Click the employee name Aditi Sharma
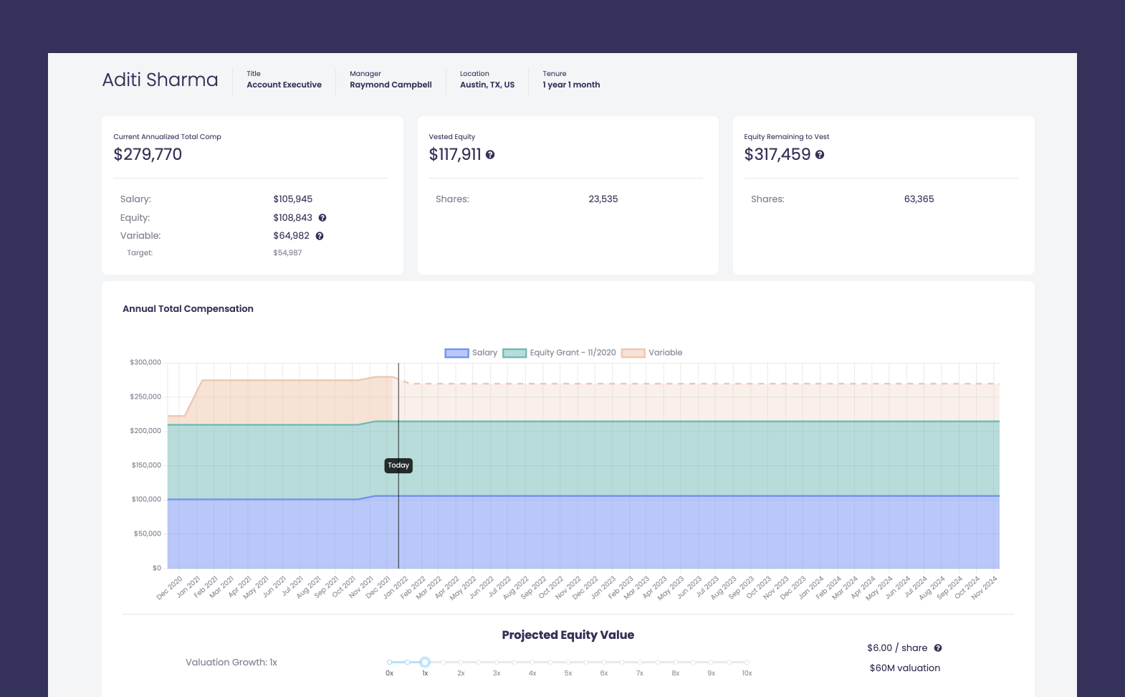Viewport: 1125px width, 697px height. click(160, 80)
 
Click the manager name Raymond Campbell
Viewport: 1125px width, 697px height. click(391, 85)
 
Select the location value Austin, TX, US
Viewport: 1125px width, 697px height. click(487, 85)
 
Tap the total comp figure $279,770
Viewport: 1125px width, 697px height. click(148, 154)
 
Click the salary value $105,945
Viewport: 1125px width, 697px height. click(292, 199)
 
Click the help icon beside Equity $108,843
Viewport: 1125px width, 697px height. click(322, 218)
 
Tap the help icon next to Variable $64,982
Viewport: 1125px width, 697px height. click(320, 236)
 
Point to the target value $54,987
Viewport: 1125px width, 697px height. click(287, 253)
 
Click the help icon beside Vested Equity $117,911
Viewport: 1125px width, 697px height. click(490, 155)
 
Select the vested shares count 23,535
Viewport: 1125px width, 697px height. click(603, 199)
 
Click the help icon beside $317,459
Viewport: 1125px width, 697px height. click(820, 155)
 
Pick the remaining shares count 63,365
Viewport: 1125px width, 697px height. click(919, 199)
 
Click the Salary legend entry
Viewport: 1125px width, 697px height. click(471, 353)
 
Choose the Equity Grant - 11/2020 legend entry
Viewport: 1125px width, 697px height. click(560, 353)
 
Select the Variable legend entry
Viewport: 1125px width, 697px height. click(652, 353)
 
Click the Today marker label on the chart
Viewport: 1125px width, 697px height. click(398, 465)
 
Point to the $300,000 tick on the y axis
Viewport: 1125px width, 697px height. click(145, 363)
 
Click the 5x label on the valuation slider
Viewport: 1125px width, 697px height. click(568, 673)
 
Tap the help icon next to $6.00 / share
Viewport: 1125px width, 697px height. click(938, 648)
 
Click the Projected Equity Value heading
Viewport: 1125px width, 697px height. click(568, 635)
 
